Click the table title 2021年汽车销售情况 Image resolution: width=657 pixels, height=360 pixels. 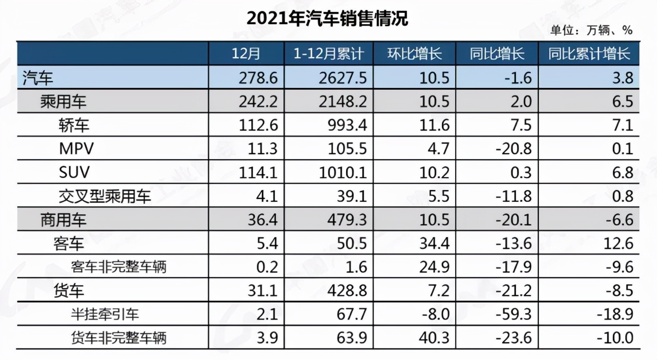[x=328, y=19]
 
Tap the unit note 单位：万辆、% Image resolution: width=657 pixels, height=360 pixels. [x=591, y=31]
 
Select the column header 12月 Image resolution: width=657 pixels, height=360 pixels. [x=246, y=53]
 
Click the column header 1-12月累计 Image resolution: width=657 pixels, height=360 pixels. [x=328, y=53]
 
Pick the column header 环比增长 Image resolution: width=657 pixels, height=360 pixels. [x=414, y=53]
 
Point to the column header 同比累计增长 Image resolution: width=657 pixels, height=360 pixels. [x=589, y=53]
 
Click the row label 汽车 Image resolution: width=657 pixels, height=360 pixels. [x=38, y=77]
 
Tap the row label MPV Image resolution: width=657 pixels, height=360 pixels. [x=76, y=149]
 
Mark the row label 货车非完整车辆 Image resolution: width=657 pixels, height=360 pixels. [x=119, y=338]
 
